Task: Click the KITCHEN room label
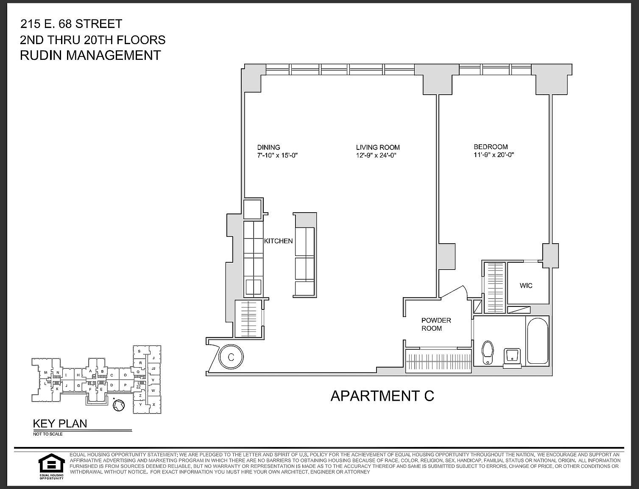(x=278, y=241)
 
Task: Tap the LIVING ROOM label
(x=378, y=147)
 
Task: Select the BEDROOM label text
(x=491, y=147)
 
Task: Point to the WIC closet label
(x=526, y=285)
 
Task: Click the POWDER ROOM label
(x=436, y=324)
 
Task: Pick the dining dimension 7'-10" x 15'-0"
(x=278, y=155)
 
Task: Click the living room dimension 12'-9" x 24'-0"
(x=376, y=155)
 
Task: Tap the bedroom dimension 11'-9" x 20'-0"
(x=494, y=155)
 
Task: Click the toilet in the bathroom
(x=488, y=352)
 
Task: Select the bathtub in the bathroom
(x=538, y=341)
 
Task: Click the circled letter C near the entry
(x=231, y=357)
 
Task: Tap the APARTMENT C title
(x=382, y=396)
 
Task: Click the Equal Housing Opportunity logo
(x=51, y=466)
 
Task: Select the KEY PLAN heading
(x=60, y=423)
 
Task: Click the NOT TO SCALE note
(x=47, y=434)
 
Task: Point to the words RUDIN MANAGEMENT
(x=90, y=55)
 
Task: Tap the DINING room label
(x=268, y=147)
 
